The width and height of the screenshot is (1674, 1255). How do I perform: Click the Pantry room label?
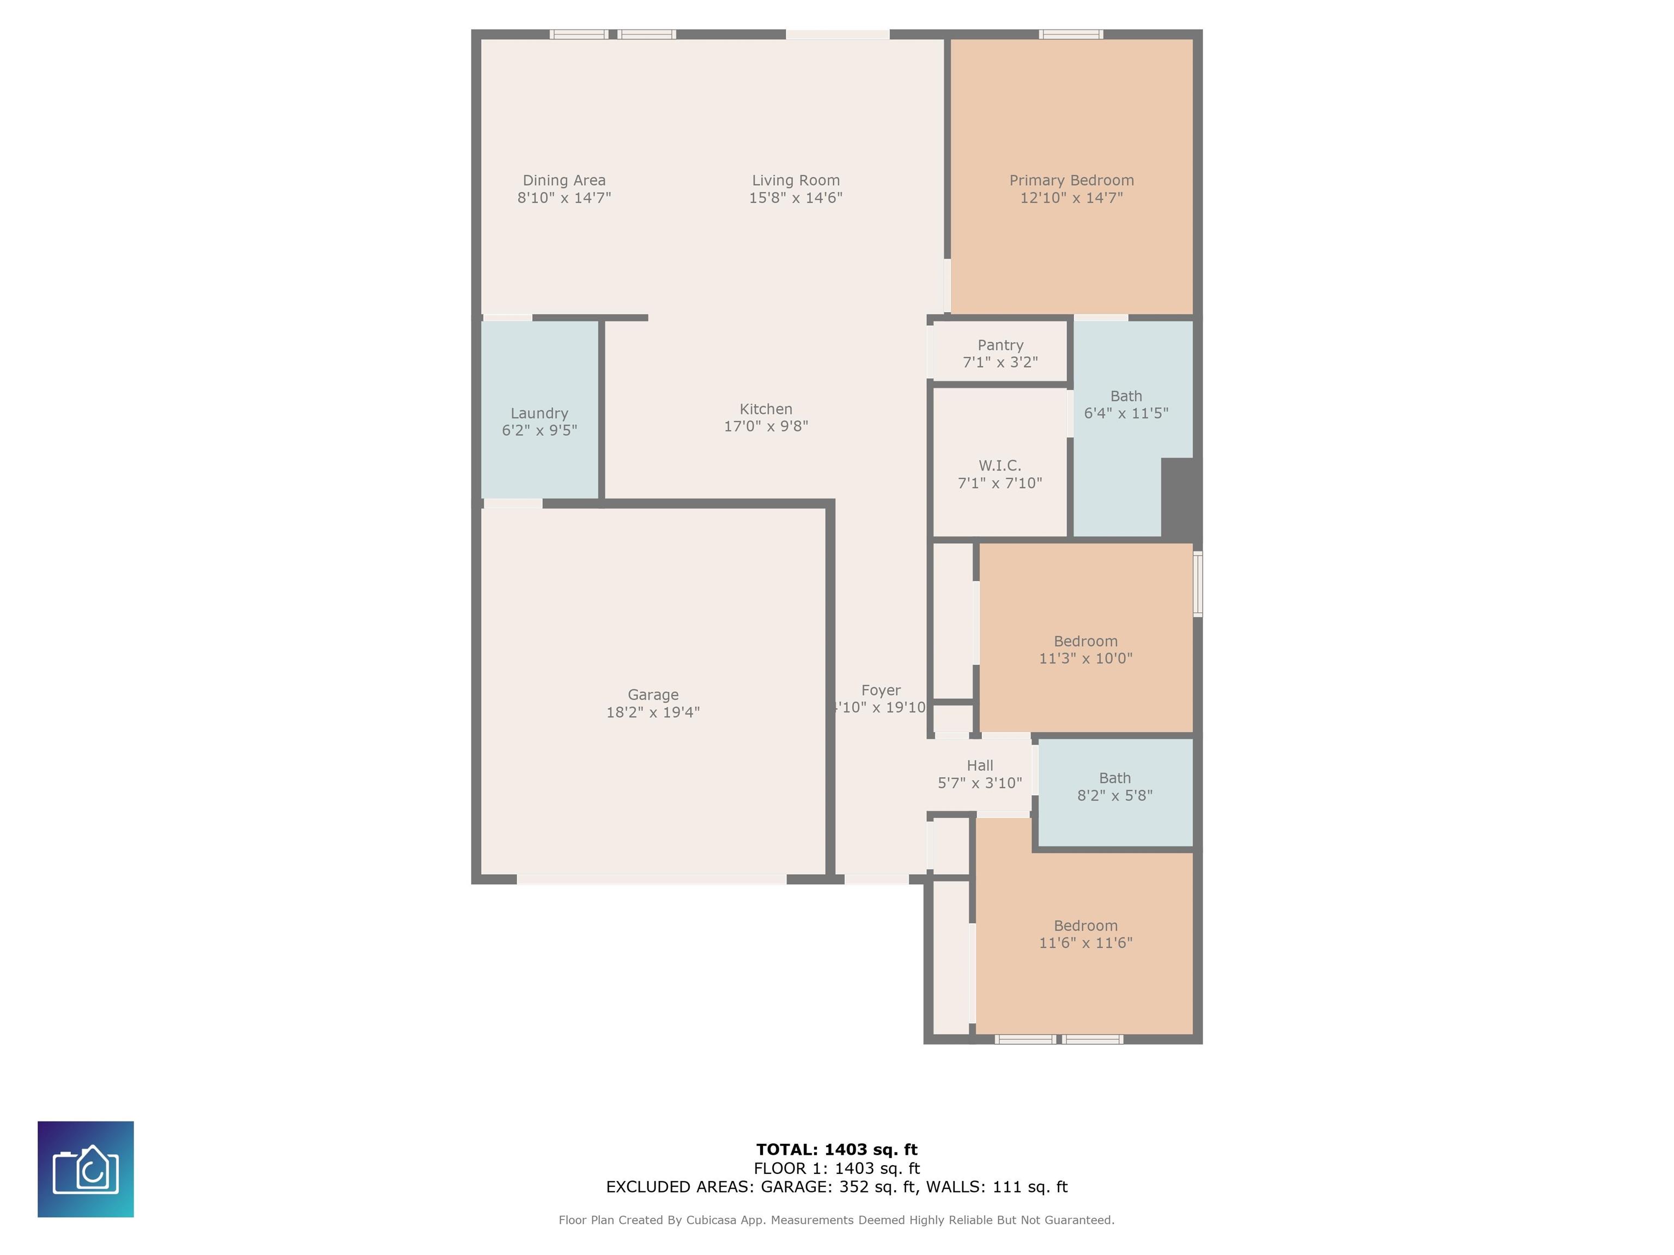[1000, 345]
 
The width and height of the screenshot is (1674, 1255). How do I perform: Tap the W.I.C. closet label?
[1000, 465]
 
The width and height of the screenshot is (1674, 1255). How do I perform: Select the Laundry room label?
[539, 413]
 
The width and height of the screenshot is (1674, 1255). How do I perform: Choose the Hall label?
[980, 765]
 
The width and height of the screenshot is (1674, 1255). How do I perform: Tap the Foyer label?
[881, 690]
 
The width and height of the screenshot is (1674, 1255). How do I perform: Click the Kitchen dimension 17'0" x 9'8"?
[766, 426]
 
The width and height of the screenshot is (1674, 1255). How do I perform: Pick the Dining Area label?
[564, 180]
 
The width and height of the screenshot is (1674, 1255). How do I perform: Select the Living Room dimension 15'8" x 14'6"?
[796, 197]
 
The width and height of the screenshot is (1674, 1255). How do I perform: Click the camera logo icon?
[86, 1169]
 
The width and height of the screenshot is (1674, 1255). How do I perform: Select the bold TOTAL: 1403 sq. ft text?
[836, 1150]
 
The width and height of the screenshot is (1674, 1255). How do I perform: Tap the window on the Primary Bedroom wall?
[1070, 34]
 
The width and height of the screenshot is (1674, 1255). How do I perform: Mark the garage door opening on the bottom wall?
[652, 879]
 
